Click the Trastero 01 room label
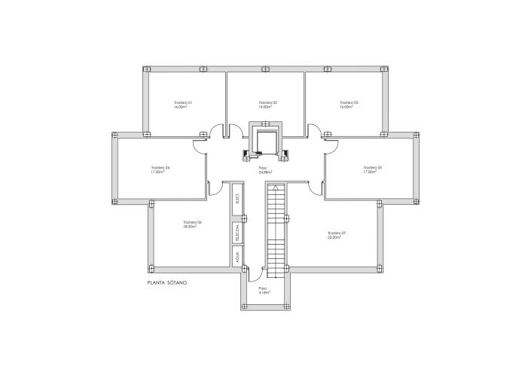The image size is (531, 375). click(183, 102)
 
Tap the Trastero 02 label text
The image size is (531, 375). click(267, 102)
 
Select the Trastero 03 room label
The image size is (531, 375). click(348, 102)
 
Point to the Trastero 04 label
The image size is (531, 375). click(160, 167)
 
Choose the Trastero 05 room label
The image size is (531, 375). click(372, 167)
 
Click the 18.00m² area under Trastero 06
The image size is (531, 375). click(189, 227)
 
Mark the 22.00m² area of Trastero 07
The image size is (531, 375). click(336, 238)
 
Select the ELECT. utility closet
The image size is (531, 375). click(237, 199)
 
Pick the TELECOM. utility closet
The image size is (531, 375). click(237, 232)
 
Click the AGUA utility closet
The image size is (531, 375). click(237, 258)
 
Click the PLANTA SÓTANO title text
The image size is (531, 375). click(167, 282)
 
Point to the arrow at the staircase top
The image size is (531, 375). click(276, 187)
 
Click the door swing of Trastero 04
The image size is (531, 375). click(200, 145)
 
